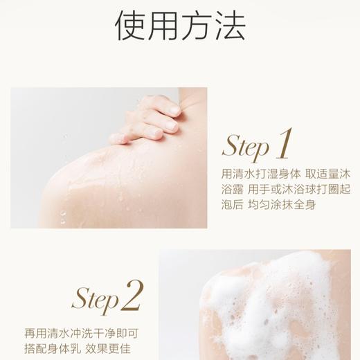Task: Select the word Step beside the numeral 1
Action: (246, 147)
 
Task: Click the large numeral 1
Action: (284, 143)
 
